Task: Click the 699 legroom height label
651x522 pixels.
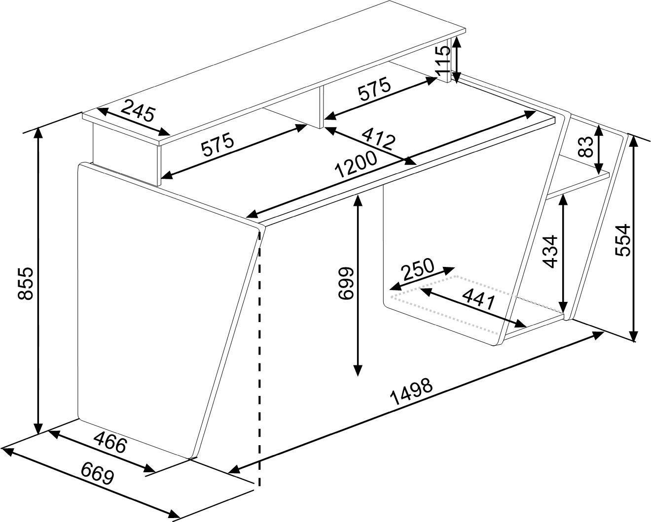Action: pos(345,283)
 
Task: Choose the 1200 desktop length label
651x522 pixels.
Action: pos(357,164)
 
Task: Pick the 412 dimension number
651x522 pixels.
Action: pos(378,139)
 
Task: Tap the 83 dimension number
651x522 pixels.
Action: pos(586,147)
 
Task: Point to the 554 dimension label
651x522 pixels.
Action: pos(623,240)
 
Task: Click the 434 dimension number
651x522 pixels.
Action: pos(549,252)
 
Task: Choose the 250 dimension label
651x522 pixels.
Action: pos(417,269)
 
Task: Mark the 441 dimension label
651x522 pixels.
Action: pos(479,301)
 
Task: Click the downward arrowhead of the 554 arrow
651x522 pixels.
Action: pos(634,335)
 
